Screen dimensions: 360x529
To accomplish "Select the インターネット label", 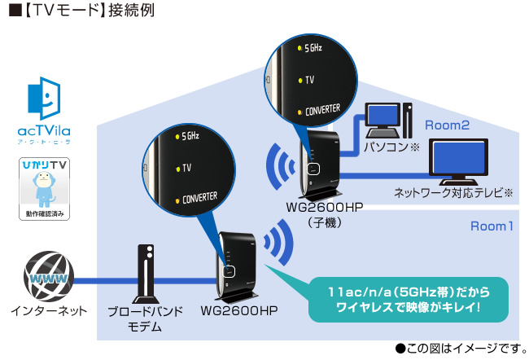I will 44,311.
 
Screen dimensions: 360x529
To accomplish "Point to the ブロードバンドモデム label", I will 146,318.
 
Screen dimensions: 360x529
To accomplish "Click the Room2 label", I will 447,125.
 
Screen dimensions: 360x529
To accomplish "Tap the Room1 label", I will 492,226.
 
